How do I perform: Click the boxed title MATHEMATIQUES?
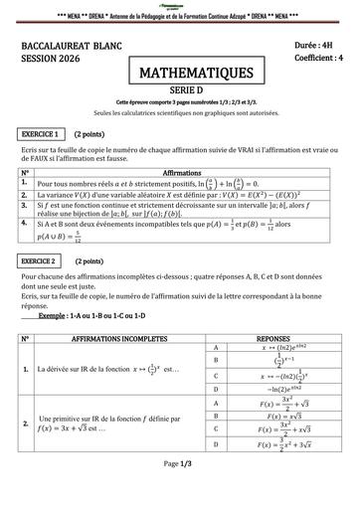[179, 73]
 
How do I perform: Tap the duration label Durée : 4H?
[317, 46]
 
